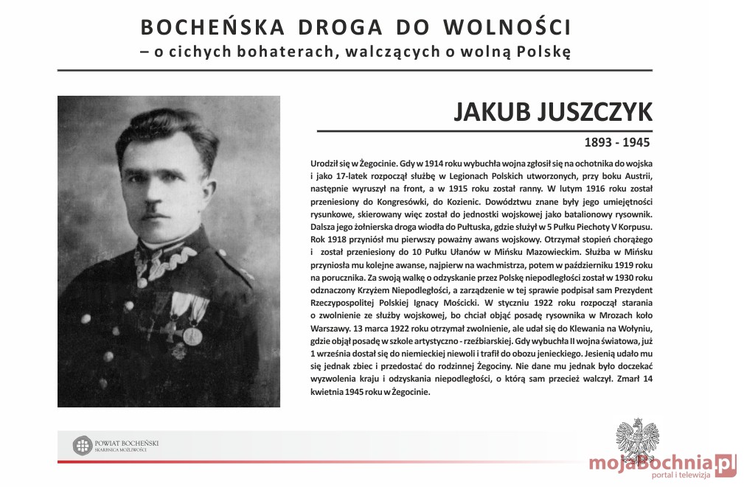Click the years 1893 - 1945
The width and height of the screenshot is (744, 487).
click(616, 141)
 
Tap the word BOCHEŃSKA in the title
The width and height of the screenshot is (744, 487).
click(212, 27)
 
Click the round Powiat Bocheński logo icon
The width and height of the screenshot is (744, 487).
click(82, 445)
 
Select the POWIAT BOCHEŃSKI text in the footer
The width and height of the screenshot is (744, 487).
click(127, 442)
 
